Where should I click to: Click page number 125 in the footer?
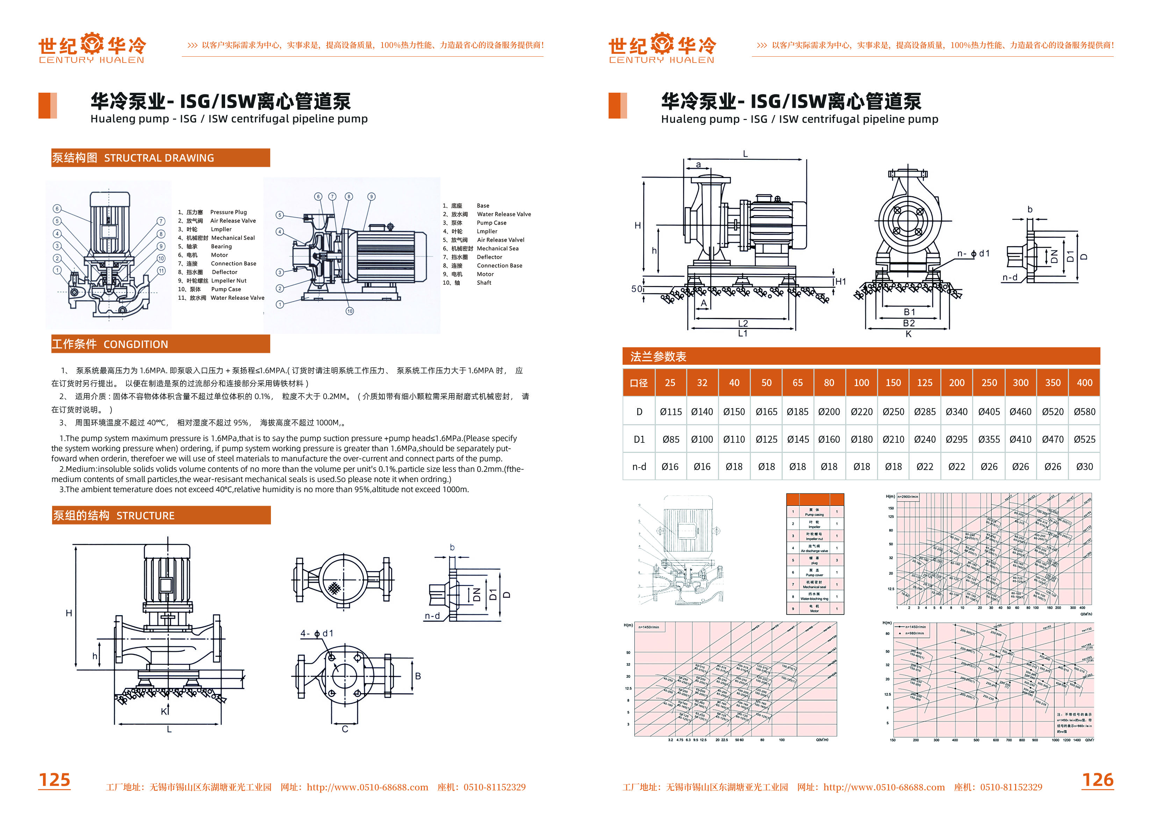(55, 780)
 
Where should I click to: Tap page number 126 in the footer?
(1098, 780)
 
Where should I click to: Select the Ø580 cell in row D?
(1084, 412)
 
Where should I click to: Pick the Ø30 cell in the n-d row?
(1084, 467)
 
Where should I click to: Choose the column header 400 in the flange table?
(1084, 383)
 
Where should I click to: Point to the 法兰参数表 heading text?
(658, 357)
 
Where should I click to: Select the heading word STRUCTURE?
(145, 516)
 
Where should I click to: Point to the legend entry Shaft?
(484, 283)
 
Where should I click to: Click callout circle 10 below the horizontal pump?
(350, 311)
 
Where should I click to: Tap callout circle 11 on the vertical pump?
(161, 270)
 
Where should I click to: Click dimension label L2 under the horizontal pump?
(742, 323)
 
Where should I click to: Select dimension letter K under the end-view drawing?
(908, 334)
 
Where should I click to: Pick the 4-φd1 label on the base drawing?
(317, 633)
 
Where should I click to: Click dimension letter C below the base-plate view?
(345, 729)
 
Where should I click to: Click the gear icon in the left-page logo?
(92, 43)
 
